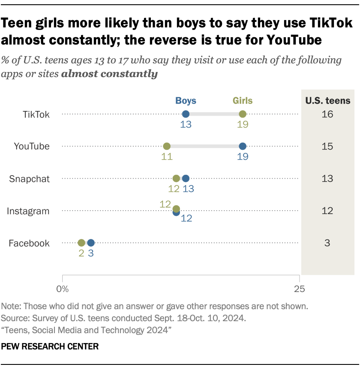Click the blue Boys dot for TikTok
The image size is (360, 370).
(x=186, y=114)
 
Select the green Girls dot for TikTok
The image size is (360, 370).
(x=243, y=114)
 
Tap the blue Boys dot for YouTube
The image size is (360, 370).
(x=243, y=146)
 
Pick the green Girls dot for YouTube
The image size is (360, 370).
(x=167, y=146)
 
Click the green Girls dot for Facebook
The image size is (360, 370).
(x=81, y=243)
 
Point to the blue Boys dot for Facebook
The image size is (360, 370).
(x=91, y=243)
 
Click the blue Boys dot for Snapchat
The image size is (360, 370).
(x=186, y=178)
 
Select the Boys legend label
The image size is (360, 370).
(x=186, y=101)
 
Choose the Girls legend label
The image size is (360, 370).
(x=243, y=101)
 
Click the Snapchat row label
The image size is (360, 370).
(x=30, y=179)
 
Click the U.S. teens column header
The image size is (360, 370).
(x=328, y=101)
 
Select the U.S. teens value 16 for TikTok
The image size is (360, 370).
(x=328, y=114)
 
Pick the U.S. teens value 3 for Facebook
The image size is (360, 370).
(x=328, y=243)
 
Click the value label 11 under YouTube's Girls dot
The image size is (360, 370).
(x=167, y=157)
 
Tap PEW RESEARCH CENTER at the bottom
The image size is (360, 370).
(x=50, y=346)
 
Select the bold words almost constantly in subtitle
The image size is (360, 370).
(x=109, y=74)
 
